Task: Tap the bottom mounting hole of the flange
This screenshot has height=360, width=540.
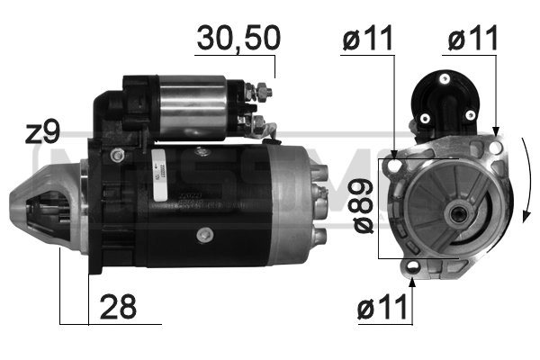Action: click(x=411, y=266)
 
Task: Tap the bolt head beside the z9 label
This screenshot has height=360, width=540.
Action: click(x=115, y=155)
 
